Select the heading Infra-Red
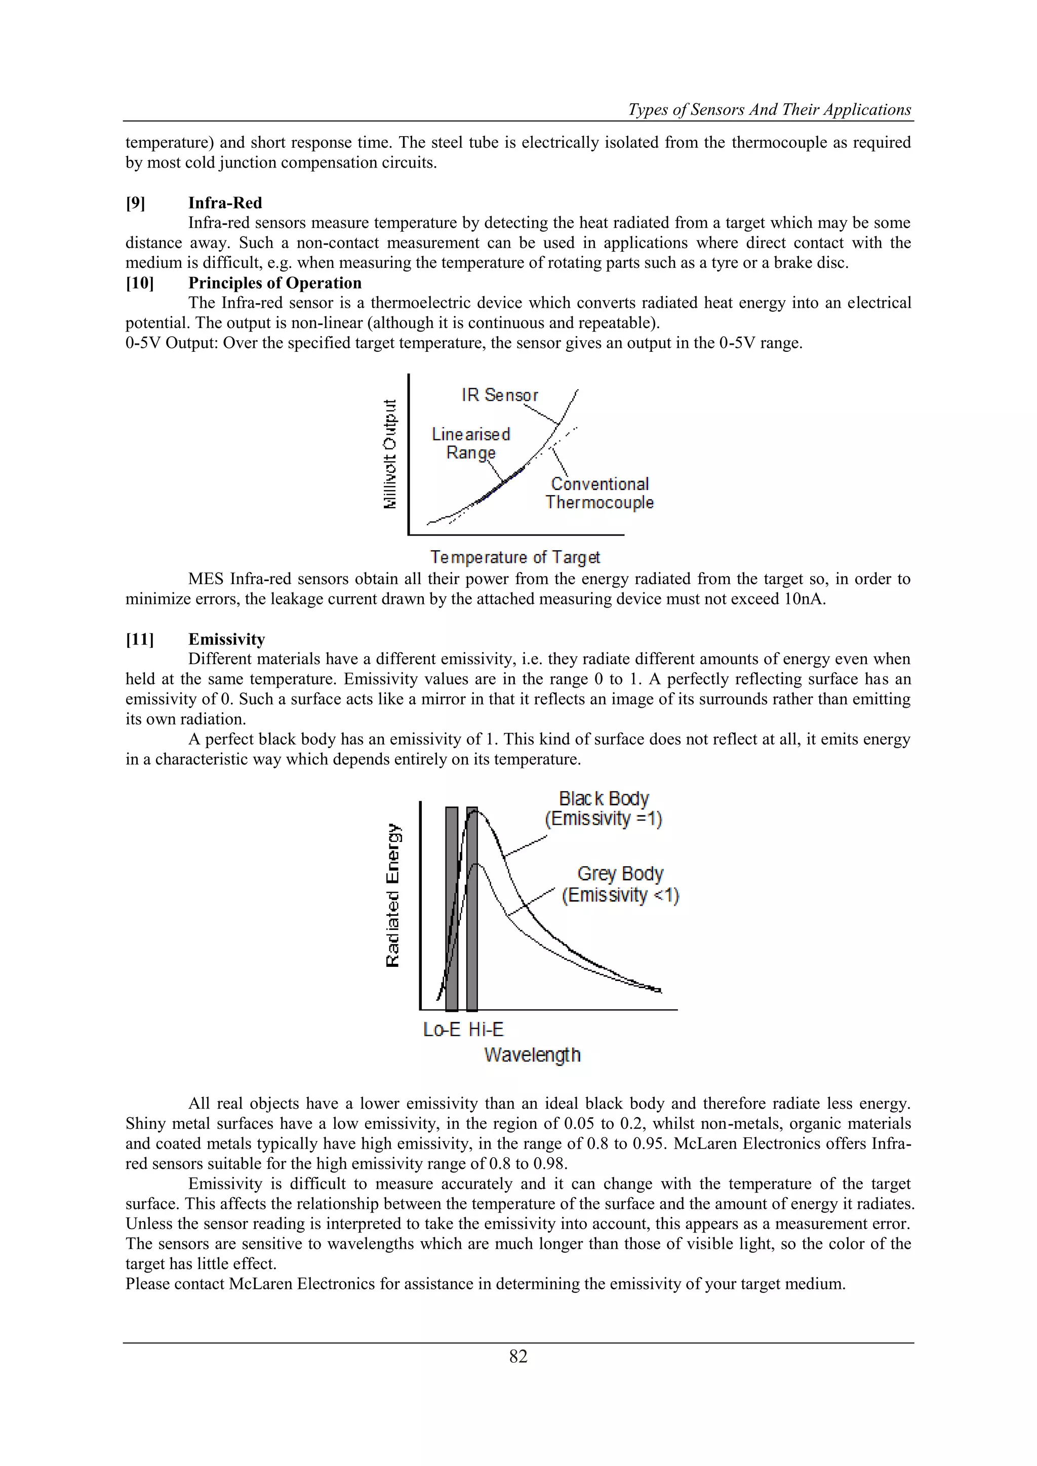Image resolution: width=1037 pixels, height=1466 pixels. tap(225, 203)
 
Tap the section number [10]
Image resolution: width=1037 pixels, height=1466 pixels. tap(140, 283)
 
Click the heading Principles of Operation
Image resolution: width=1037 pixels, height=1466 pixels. tap(274, 283)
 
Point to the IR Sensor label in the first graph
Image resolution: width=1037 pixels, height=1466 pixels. tap(499, 395)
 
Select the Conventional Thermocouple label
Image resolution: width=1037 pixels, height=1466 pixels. tap(600, 493)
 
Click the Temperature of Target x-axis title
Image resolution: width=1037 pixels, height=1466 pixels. tap(514, 557)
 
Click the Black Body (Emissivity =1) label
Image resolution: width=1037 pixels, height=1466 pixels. tap(604, 808)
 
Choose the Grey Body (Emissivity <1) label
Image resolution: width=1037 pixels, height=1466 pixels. tap(620, 884)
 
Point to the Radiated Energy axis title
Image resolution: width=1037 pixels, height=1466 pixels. tap(393, 895)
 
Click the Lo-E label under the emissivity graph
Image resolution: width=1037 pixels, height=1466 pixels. tap(441, 1029)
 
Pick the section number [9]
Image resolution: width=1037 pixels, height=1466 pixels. tap(135, 203)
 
